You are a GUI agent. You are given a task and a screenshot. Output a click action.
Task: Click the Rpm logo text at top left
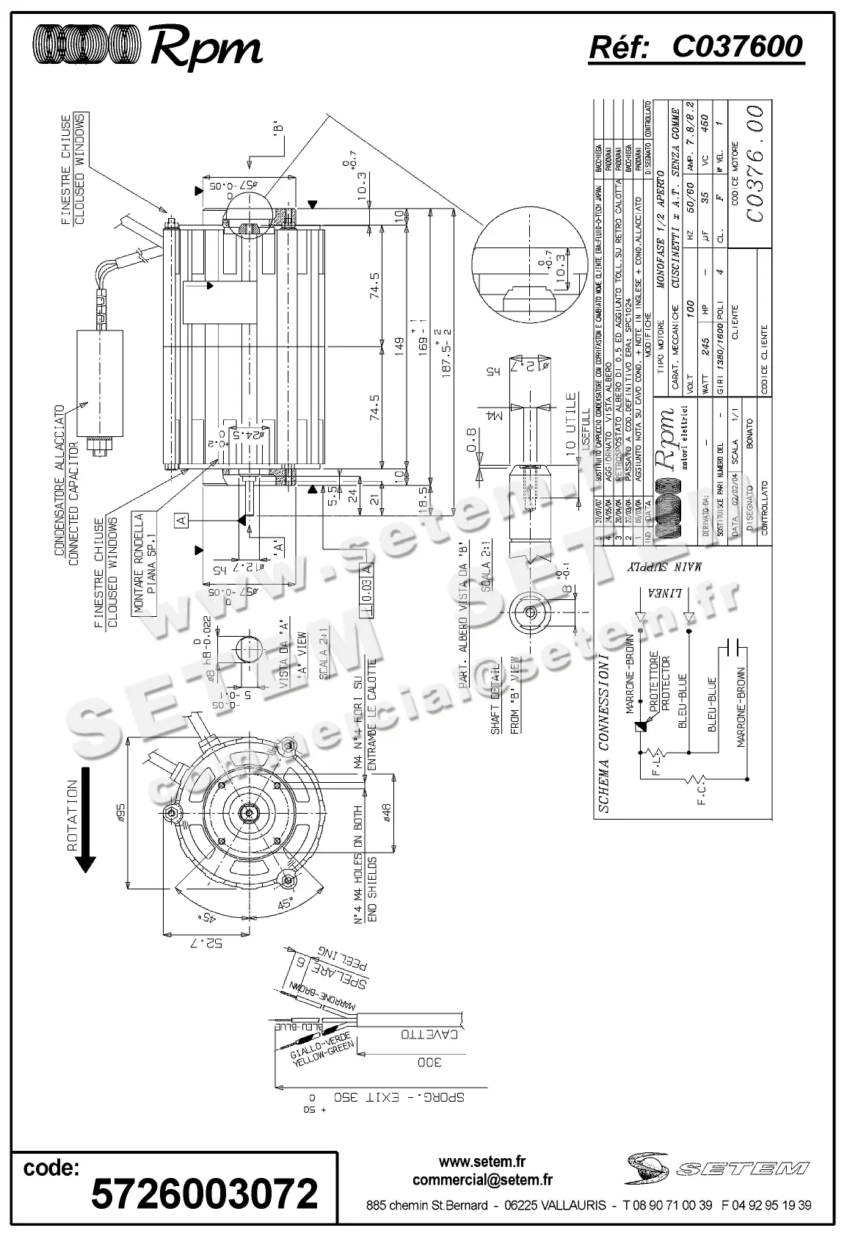[x=206, y=49]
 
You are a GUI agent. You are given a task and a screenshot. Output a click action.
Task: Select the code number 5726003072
[x=204, y=1193]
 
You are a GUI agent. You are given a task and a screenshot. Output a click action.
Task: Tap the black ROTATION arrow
[x=86, y=820]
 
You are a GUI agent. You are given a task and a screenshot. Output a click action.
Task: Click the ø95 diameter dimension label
[x=122, y=812]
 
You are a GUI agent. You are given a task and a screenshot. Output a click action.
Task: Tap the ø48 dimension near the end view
[x=388, y=813]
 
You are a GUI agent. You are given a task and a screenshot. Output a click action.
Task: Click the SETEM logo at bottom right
[x=718, y=1166]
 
